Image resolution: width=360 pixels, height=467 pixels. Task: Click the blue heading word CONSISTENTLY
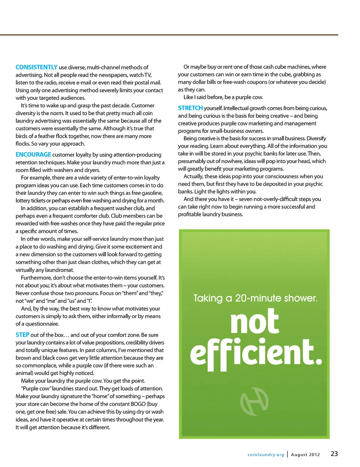[x=36, y=67]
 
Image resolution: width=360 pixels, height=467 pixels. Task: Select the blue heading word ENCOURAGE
[x=33, y=155]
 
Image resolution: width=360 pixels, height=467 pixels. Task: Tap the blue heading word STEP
[x=22, y=335]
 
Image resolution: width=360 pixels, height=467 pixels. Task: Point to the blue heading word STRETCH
[x=190, y=108]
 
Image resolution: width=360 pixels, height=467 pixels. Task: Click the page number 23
[x=334, y=454]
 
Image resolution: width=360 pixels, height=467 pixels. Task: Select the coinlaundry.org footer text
[x=266, y=455]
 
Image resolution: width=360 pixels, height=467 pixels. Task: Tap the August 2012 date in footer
[x=305, y=455]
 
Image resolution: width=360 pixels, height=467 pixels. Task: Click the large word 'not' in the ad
[x=255, y=321]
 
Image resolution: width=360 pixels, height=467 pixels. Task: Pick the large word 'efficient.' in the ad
[x=256, y=353]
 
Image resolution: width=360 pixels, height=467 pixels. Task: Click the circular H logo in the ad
[x=254, y=401]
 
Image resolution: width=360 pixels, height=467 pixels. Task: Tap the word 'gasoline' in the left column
[x=152, y=193]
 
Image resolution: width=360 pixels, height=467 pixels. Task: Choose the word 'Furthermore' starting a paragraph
[x=36, y=278]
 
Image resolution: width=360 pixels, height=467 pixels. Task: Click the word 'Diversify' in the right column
[x=316, y=138]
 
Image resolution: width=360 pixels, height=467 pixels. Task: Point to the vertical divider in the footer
[x=288, y=454]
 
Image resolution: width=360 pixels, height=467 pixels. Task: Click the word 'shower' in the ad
[x=300, y=298]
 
